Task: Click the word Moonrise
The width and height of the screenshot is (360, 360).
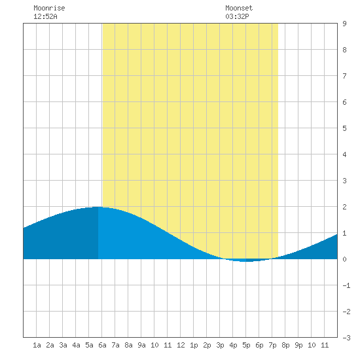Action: click(x=49, y=8)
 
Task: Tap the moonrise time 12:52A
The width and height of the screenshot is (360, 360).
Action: click(x=45, y=16)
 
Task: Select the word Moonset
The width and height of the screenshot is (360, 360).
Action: click(x=239, y=8)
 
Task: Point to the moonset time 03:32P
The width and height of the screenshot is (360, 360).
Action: click(x=237, y=16)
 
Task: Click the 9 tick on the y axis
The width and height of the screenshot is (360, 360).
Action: click(x=344, y=24)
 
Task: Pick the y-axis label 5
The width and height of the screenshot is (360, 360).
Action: click(x=344, y=128)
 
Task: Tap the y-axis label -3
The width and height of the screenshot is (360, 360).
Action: click(x=346, y=338)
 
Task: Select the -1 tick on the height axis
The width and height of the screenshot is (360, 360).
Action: click(x=346, y=285)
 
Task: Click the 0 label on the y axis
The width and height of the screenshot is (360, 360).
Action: click(x=344, y=259)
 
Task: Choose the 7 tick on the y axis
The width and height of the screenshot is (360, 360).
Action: click(x=344, y=76)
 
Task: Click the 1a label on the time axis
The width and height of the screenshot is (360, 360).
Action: click(x=37, y=345)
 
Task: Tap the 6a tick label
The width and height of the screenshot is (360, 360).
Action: click(x=102, y=345)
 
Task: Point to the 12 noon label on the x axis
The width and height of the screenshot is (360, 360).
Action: click(x=181, y=345)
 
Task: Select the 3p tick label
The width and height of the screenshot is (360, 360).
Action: click(x=220, y=345)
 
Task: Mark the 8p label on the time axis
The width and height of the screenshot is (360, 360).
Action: click(x=285, y=345)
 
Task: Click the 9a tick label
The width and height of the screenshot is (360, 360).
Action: click(x=141, y=345)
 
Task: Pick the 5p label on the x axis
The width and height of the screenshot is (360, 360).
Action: click(x=246, y=345)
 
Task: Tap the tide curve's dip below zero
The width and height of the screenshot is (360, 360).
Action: click(x=246, y=261)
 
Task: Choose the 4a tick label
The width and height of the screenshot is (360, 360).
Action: click(x=76, y=345)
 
